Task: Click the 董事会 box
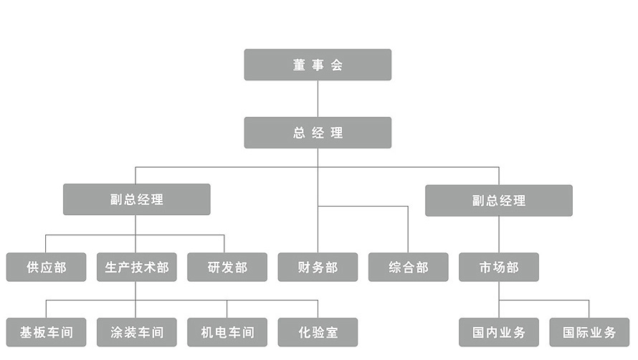coord(318,65)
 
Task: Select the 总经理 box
coord(318,133)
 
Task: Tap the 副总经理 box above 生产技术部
coord(136,199)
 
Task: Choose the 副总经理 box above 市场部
coord(499,200)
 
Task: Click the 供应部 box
coord(46,267)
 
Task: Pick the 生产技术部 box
coord(136,267)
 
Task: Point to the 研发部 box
coord(227,267)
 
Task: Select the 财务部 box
coord(318,267)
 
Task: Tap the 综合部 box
coord(409,267)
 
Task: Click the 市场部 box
coord(499,267)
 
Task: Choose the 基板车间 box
coord(46,332)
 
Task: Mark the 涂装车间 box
coord(136,332)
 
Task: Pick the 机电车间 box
coord(227,332)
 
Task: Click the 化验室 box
coord(318,332)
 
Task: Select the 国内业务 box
coord(499,332)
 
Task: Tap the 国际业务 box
coord(589,332)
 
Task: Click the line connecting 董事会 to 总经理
coord(318,98)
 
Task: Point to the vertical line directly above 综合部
coord(408,229)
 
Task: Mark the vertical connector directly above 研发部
coord(224,243)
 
